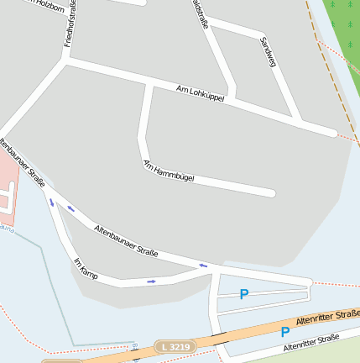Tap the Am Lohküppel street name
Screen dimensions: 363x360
click(201, 93)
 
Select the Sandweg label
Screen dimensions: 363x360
click(269, 52)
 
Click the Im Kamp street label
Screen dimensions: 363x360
click(86, 269)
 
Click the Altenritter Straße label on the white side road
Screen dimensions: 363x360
click(310, 343)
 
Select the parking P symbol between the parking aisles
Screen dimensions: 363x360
click(244, 294)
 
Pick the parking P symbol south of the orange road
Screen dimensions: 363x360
click(285, 332)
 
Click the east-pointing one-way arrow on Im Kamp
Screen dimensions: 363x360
click(151, 281)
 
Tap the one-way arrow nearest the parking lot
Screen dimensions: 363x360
click(202, 266)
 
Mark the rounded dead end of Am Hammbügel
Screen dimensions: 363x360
click(271, 193)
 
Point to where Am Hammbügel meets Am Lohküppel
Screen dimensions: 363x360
click(149, 85)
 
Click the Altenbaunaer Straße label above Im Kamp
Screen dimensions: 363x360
click(126, 240)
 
